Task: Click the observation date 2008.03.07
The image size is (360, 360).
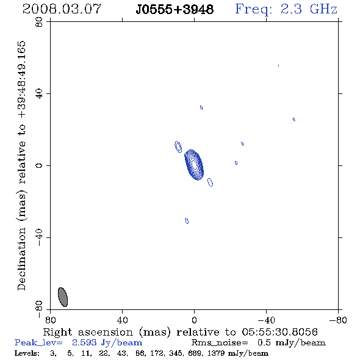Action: (x=62, y=9)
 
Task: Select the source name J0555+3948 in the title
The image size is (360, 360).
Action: (x=175, y=10)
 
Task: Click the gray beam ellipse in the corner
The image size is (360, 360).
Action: (x=63, y=297)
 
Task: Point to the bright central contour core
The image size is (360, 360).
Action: (x=194, y=165)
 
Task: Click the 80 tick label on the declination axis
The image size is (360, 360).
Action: (x=39, y=22)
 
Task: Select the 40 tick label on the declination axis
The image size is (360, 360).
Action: (x=39, y=94)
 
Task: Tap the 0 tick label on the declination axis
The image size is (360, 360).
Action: (x=39, y=165)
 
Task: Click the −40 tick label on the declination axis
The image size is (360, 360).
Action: (x=39, y=237)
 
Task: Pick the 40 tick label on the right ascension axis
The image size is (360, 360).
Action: (x=122, y=320)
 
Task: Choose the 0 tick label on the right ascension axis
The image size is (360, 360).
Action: (x=194, y=320)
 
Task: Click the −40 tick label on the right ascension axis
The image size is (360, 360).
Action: (x=266, y=320)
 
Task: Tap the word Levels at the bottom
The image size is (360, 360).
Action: (x=27, y=353)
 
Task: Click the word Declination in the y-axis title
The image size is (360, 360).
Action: (x=21, y=259)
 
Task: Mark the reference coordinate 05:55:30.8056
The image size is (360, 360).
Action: (x=279, y=332)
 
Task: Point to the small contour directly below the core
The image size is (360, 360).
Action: (x=187, y=221)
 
